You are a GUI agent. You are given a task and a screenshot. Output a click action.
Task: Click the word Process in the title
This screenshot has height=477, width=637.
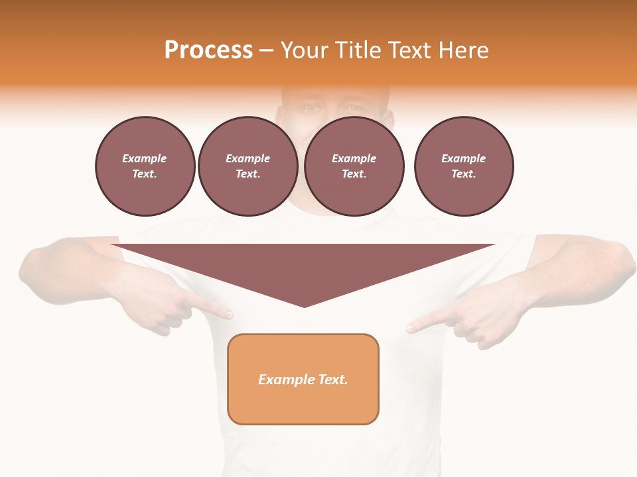(208, 50)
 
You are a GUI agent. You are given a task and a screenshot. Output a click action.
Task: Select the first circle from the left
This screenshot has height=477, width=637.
(145, 166)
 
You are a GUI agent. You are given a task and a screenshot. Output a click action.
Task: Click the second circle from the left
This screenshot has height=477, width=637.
(248, 166)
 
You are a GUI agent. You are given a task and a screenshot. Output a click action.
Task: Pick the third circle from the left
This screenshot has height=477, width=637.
(354, 166)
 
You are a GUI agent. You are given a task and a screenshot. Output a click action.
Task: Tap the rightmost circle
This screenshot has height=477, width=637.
(464, 166)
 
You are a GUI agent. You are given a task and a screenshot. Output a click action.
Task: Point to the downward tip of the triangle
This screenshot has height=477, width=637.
(304, 305)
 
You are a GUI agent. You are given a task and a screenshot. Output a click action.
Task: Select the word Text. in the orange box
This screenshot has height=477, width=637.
(333, 380)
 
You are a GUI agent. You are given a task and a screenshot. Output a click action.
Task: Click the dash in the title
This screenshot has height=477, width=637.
(267, 50)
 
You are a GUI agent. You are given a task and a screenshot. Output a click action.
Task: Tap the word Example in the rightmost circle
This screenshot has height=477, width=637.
(464, 158)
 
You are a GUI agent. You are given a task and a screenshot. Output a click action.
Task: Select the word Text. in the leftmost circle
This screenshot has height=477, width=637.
(145, 174)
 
